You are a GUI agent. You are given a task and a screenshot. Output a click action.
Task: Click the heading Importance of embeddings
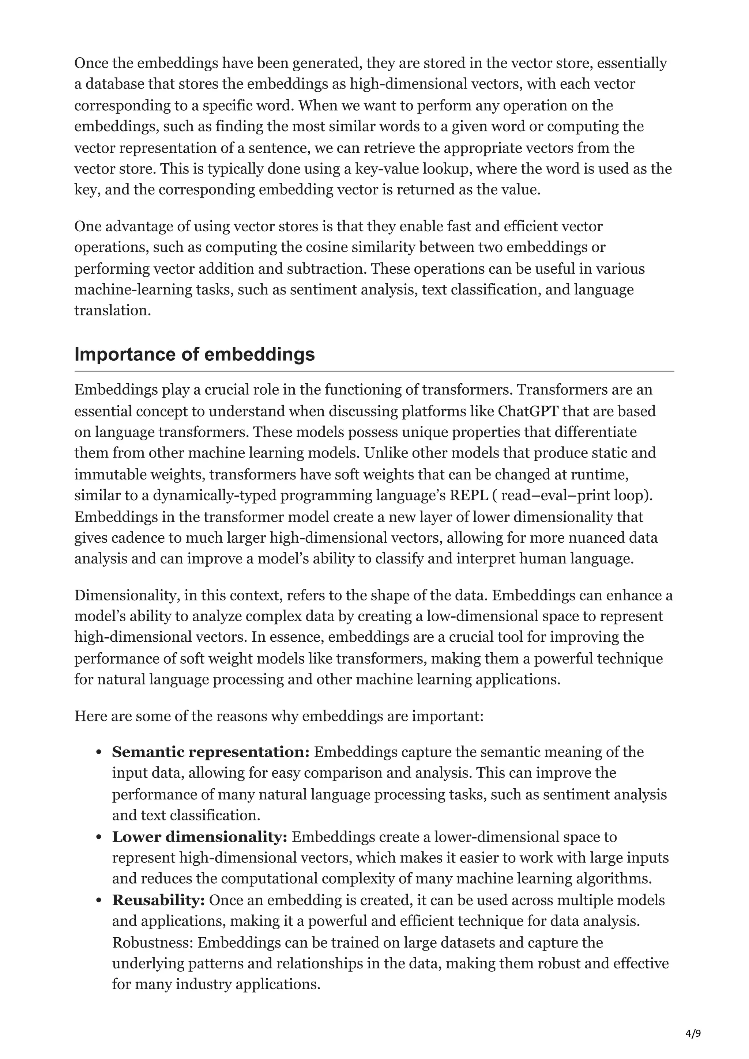(x=194, y=354)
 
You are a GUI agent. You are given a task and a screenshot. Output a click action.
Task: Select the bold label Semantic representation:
(x=210, y=752)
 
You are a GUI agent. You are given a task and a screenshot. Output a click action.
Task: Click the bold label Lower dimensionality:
(x=199, y=837)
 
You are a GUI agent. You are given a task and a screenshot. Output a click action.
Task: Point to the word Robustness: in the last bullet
(x=152, y=942)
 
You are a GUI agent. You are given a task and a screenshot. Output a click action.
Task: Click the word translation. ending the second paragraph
(x=113, y=310)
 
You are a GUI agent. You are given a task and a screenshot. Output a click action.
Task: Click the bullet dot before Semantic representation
(x=98, y=753)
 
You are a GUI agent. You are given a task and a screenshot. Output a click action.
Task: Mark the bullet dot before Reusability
(x=98, y=900)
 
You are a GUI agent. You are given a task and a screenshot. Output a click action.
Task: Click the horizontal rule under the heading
(x=374, y=371)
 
